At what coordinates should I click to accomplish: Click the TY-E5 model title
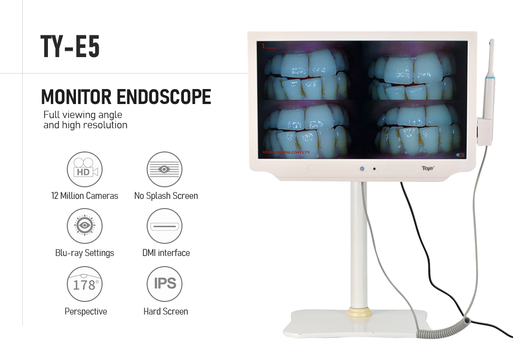[x=70, y=47]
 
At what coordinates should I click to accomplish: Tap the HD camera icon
[x=85, y=169]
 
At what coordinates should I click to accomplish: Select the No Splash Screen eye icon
[x=165, y=169]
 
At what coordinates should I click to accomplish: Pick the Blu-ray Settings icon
[x=85, y=226]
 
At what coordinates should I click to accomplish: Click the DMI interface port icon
[x=165, y=226]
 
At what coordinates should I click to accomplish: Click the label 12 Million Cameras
[x=85, y=196]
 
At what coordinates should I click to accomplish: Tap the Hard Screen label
[x=166, y=312]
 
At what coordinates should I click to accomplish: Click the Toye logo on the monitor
[x=428, y=168]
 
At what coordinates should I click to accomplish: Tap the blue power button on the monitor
[x=361, y=169]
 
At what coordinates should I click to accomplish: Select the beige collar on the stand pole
[x=360, y=312]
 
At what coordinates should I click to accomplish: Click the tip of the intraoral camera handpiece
[x=491, y=43]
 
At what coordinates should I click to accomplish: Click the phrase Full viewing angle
[x=83, y=115]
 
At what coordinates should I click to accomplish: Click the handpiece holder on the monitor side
[x=484, y=131]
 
